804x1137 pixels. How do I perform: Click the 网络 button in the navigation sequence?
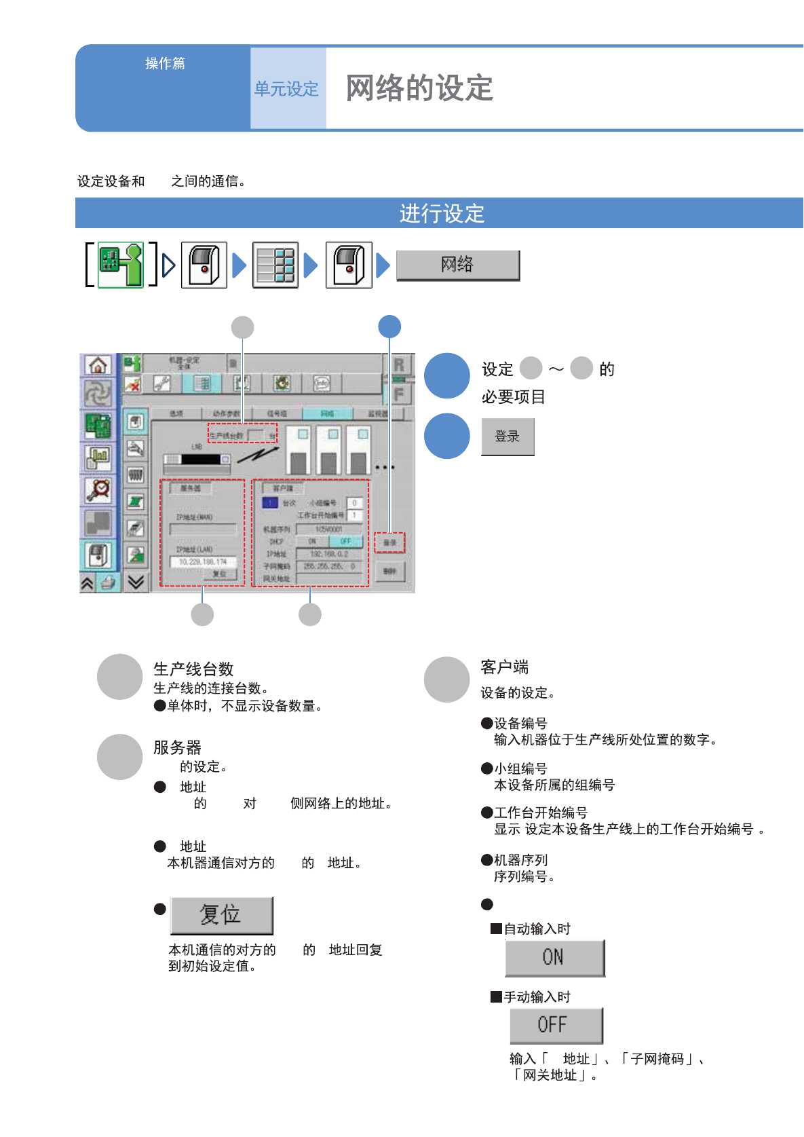pyautogui.click(x=458, y=265)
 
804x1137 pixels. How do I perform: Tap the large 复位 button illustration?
pyautogui.click(x=221, y=915)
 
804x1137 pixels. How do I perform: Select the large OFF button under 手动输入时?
pyautogui.click(x=556, y=1025)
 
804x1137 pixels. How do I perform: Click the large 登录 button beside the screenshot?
pyautogui.click(x=508, y=436)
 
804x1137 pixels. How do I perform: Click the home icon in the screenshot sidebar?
pyautogui.click(x=98, y=365)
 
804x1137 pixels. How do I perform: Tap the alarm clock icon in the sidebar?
pyautogui.click(x=99, y=489)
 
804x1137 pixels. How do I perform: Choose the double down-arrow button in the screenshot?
pyautogui.click(x=136, y=582)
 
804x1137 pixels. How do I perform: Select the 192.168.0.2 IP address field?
pyautogui.click(x=329, y=554)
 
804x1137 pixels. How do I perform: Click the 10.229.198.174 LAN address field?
pyautogui.click(x=203, y=562)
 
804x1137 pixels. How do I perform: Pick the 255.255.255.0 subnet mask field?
pyautogui.click(x=329, y=566)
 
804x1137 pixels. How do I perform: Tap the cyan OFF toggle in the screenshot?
pyautogui.click(x=345, y=542)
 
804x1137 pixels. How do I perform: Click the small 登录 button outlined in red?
pyautogui.click(x=389, y=543)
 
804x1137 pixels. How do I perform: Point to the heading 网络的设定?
pyautogui.click(x=419, y=88)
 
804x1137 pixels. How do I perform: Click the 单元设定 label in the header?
pyautogui.click(x=286, y=89)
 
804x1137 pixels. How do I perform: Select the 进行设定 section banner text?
pyautogui.click(x=442, y=214)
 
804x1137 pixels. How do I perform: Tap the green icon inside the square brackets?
pyautogui.click(x=121, y=265)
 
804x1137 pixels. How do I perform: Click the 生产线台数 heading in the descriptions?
pyautogui.click(x=193, y=669)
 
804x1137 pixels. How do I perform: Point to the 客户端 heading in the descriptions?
pyautogui.click(x=504, y=667)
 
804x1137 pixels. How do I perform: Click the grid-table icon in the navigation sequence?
pyautogui.click(x=275, y=265)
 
